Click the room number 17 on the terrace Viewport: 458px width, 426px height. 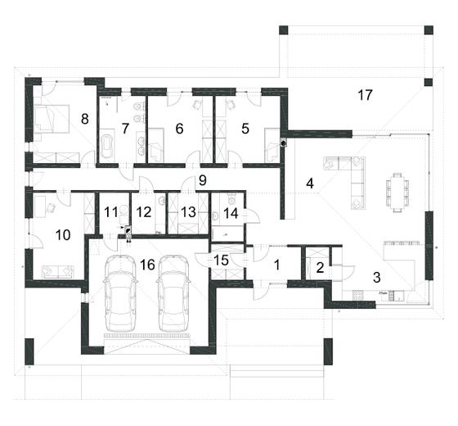coord(365,95)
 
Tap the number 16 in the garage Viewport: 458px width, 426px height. coord(147,265)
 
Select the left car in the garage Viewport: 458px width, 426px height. coord(120,293)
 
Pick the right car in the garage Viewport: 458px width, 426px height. coord(173,293)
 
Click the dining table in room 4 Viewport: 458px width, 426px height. coord(397,193)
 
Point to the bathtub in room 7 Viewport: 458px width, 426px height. coord(106,146)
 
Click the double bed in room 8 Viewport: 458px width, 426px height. coord(52,120)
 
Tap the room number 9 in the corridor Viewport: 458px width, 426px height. coord(203,180)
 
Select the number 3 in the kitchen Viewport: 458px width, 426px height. coord(377,278)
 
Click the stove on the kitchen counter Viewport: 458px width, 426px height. coord(357,295)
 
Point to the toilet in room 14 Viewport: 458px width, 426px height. coord(231,200)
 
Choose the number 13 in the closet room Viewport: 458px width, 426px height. coord(188,212)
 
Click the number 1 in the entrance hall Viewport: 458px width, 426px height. coord(277,265)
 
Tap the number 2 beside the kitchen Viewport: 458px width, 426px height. coord(320,268)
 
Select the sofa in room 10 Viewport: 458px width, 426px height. coord(58,272)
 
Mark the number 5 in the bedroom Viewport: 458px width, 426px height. coord(245,129)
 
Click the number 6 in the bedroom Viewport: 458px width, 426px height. coord(179,129)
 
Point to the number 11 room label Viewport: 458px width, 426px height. coord(111,212)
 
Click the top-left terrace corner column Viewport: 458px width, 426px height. coord(284,30)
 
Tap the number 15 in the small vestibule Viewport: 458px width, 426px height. coord(221,261)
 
